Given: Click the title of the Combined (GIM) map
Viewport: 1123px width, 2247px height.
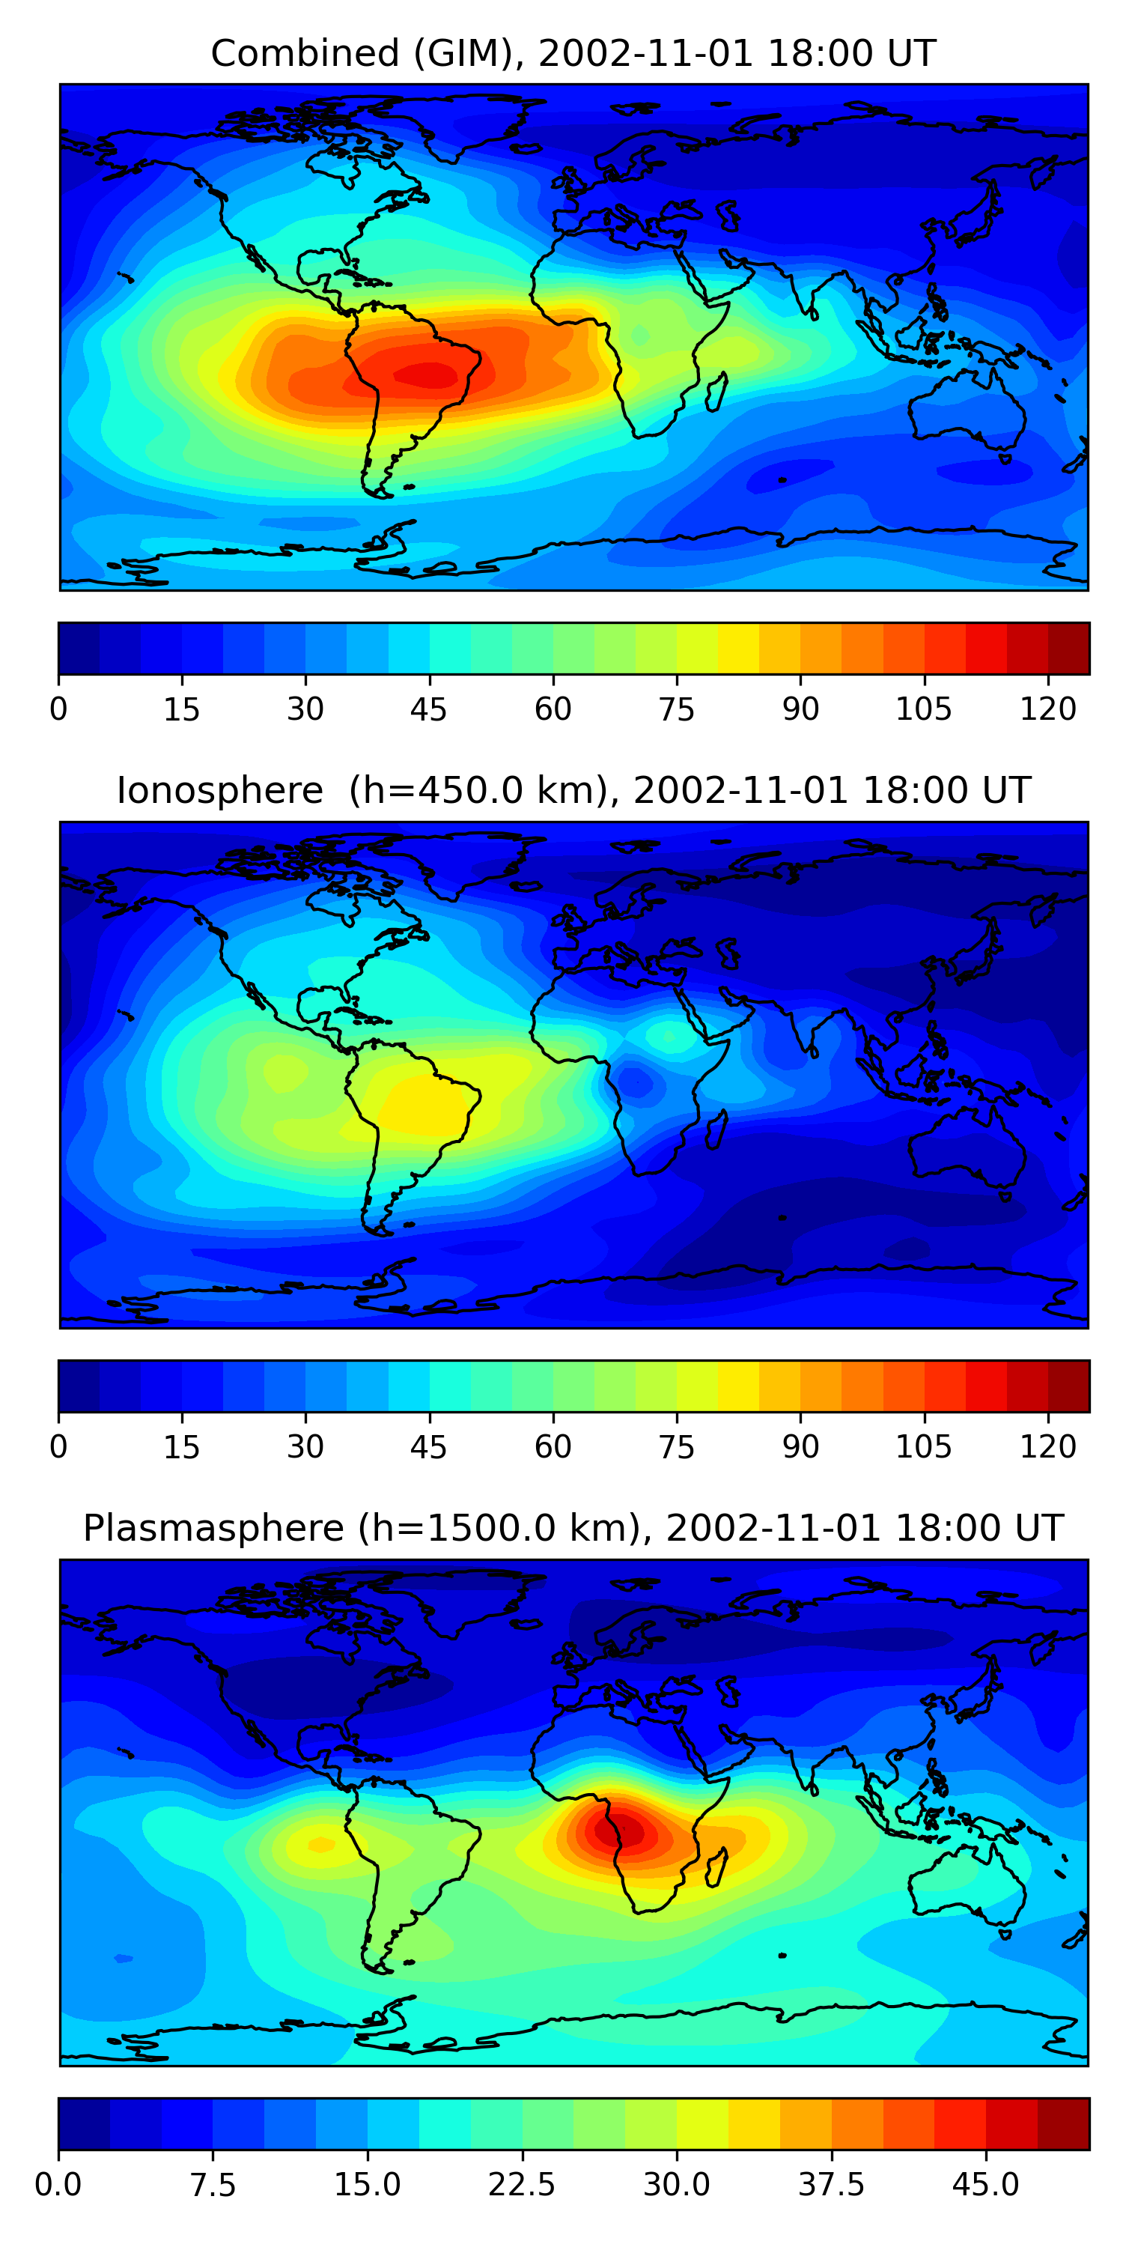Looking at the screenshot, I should [573, 53].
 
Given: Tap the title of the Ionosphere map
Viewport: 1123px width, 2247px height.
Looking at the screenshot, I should [573, 790].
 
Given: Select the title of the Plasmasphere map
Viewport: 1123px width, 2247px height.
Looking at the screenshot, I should [573, 1527].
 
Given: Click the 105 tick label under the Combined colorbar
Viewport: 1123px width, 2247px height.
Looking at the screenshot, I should [923, 709].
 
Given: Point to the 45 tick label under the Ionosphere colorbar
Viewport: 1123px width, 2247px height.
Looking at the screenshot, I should [428, 1446].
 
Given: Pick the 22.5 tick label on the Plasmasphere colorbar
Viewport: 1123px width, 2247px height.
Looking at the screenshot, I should [521, 2184].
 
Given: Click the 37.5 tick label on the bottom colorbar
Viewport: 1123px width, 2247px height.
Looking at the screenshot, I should [831, 2184].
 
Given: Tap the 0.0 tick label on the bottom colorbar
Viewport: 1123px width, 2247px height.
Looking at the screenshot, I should [58, 2184].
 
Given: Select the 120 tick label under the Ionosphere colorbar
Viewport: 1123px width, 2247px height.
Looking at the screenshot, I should [1047, 1446].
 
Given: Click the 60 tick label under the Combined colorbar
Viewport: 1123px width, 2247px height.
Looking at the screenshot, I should [553, 709].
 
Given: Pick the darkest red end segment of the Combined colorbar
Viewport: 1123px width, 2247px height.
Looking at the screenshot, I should [1068, 648].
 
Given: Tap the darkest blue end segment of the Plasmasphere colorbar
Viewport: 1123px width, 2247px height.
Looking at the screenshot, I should [84, 2123].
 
